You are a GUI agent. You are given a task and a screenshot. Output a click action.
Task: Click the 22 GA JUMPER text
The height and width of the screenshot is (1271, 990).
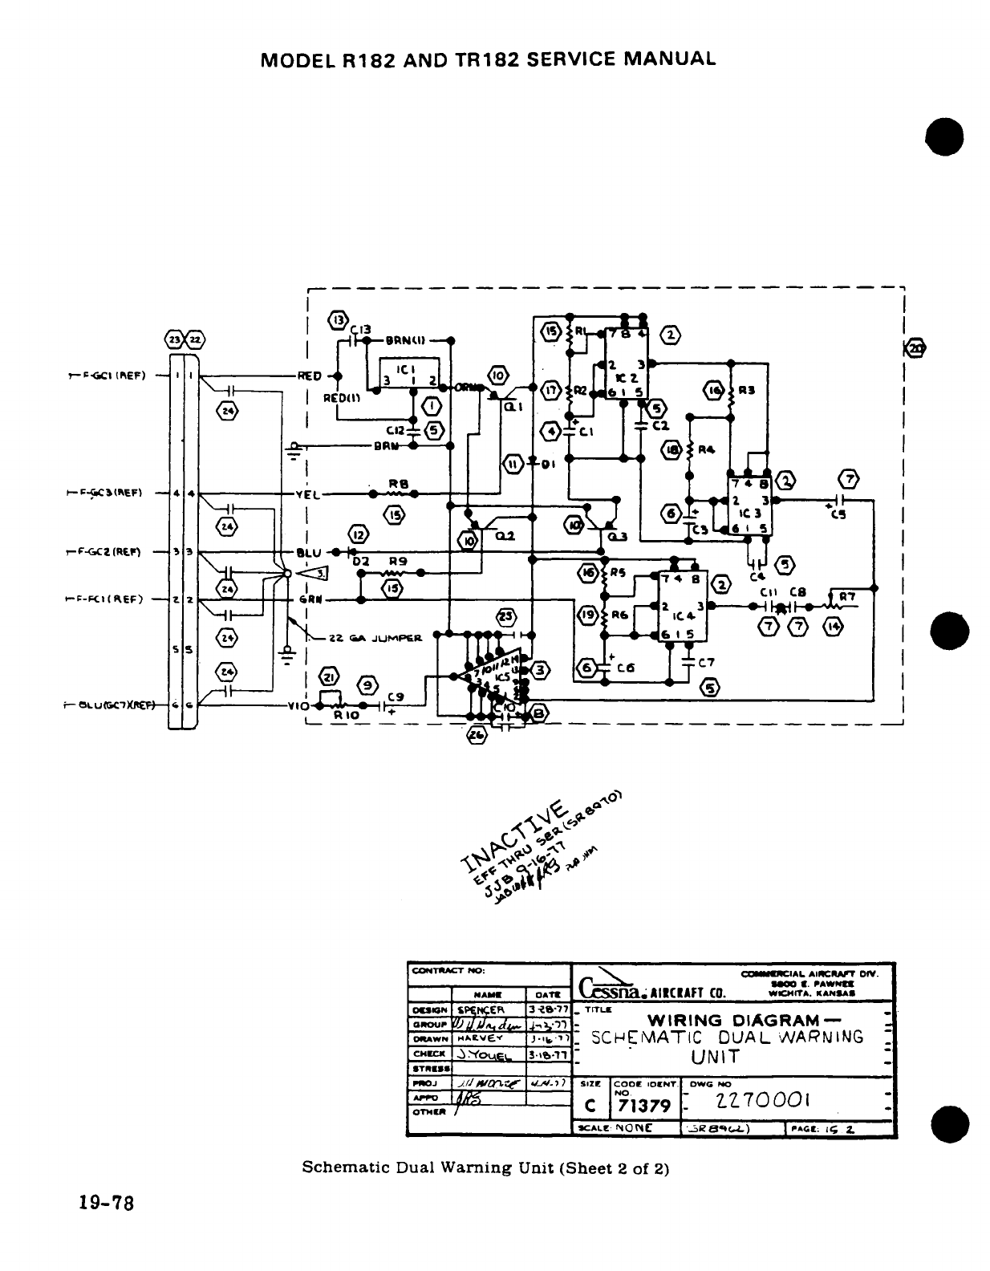pyautogui.click(x=376, y=640)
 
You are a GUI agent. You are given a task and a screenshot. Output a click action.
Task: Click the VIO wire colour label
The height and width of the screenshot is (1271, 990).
pyautogui.click(x=299, y=707)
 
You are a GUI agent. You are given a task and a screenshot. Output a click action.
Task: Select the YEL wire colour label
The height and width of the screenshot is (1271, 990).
pyautogui.click(x=307, y=495)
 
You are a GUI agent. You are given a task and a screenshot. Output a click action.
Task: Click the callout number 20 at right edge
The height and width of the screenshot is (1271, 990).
pyautogui.click(x=915, y=348)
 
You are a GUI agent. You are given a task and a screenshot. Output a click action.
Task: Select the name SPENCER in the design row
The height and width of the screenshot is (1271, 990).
pyautogui.click(x=481, y=1009)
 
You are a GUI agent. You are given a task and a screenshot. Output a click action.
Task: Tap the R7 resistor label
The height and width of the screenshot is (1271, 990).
pyautogui.click(x=847, y=596)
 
